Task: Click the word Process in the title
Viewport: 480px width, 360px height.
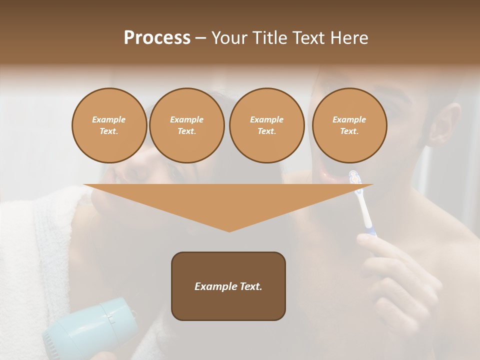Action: pyautogui.click(x=157, y=38)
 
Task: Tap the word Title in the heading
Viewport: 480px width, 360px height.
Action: pyautogui.click(x=269, y=38)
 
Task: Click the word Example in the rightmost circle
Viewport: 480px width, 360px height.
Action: pyautogui.click(x=349, y=119)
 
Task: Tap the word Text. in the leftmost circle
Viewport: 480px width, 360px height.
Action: pyautogui.click(x=109, y=131)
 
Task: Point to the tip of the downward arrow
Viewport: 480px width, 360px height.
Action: pyautogui.click(x=229, y=230)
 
